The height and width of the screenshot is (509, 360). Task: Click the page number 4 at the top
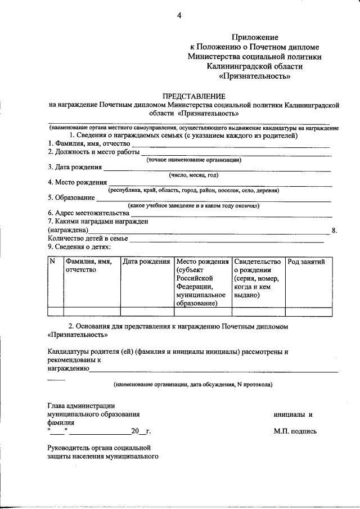point(179,15)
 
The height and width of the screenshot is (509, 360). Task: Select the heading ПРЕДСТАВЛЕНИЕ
point(193,96)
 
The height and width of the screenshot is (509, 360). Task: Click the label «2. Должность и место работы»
point(93,152)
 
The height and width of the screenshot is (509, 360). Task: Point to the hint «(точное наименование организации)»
point(193,160)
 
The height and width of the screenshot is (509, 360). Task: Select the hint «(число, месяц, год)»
point(193,175)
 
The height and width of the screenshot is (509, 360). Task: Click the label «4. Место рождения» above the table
point(77,182)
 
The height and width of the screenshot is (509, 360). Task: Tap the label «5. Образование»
point(71,197)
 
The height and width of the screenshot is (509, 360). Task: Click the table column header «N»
point(52,262)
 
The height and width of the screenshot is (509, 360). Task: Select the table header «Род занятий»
point(306,262)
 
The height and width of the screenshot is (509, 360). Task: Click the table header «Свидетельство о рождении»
point(256,265)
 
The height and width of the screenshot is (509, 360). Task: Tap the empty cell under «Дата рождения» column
point(147,312)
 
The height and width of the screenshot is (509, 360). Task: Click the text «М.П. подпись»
point(295,431)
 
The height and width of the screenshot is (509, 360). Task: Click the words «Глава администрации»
point(82,406)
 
